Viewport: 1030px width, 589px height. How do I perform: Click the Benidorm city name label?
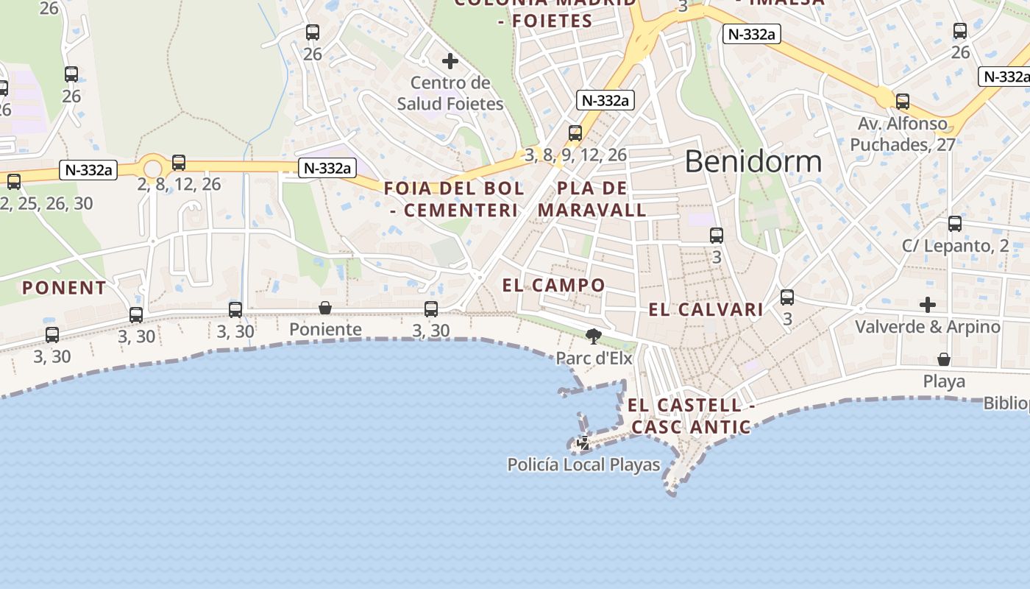coord(753,161)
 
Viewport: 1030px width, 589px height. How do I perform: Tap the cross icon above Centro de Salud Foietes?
coord(450,61)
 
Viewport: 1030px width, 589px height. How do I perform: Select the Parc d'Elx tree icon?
coord(593,336)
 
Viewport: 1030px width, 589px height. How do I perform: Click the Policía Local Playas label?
coord(583,465)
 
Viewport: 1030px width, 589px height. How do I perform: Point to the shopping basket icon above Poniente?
coord(325,308)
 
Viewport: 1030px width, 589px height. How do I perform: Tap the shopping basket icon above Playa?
coord(944,359)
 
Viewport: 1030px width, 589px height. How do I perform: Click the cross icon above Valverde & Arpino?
coord(928,304)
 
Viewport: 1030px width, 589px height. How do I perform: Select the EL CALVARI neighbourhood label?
coord(706,310)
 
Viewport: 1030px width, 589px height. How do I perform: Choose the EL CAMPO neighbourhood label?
coord(554,285)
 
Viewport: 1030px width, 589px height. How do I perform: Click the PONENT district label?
coord(64,288)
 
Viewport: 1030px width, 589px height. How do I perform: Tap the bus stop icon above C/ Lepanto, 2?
coord(955,224)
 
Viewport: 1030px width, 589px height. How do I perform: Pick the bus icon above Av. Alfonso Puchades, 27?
coord(903,102)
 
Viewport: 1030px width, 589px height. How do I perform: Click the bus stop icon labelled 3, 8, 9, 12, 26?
coord(575,133)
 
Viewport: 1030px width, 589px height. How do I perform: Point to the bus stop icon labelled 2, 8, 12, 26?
coord(179,163)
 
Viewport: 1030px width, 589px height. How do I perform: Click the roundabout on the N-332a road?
coord(153,169)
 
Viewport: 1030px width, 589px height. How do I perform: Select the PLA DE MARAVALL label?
coord(592,199)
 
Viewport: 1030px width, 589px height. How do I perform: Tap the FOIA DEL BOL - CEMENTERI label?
coord(454,199)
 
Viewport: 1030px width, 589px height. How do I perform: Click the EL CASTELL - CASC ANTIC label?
coord(691,415)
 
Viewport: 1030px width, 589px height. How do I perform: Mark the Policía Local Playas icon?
coord(583,443)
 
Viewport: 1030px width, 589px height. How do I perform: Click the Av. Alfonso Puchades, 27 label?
coord(903,134)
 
